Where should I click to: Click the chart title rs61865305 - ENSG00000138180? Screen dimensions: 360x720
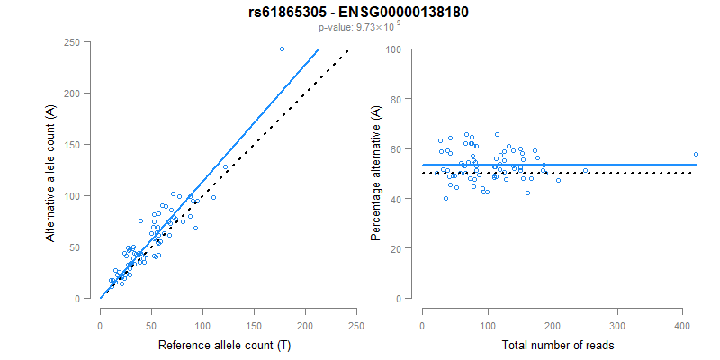(x=359, y=13)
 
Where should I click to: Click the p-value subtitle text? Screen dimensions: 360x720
(x=359, y=28)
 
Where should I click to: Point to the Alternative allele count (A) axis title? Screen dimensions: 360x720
(x=52, y=170)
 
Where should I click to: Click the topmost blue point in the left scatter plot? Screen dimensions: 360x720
(x=282, y=49)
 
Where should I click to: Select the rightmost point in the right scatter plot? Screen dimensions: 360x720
(x=696, y=154)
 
